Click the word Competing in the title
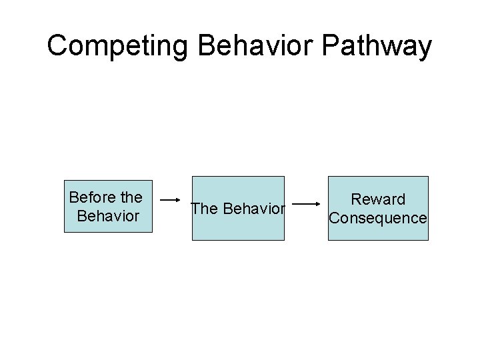pyautogui.click(x=119, y=47)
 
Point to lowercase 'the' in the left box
pyautogui.click(x=129, y=197)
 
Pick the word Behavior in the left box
pyautogui.click(x=108, y=217)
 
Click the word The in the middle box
pyautogui.click(x=204, y=209)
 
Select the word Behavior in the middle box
pyautogui.click(x=254, y=209)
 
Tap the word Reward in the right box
pyautogui.click(x=378, y=199)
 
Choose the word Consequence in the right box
pyautogui.click(x=378, y=218)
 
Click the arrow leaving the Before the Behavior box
pyautogui.click(x=171, y=199)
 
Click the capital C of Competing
pyautogui.click(x=58, y=46)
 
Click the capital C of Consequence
pyautogui.click(x=335, y=218)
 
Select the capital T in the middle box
pyautogui.click(x=195, y=209)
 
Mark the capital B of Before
pyautogui.click(x=73, y=197)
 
